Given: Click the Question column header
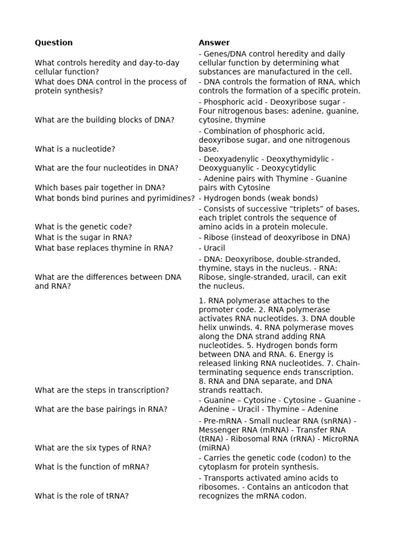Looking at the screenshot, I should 54,43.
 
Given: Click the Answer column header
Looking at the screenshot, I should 214,43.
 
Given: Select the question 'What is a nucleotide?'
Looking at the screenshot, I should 75,149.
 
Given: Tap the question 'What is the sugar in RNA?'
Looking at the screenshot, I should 83,238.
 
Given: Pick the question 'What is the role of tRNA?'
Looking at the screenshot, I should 82,496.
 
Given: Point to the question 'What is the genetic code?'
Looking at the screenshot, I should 83,227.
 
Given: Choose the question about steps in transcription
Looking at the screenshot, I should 102,390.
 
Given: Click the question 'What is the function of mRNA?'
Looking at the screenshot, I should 92,467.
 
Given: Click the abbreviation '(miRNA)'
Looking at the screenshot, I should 214,448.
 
